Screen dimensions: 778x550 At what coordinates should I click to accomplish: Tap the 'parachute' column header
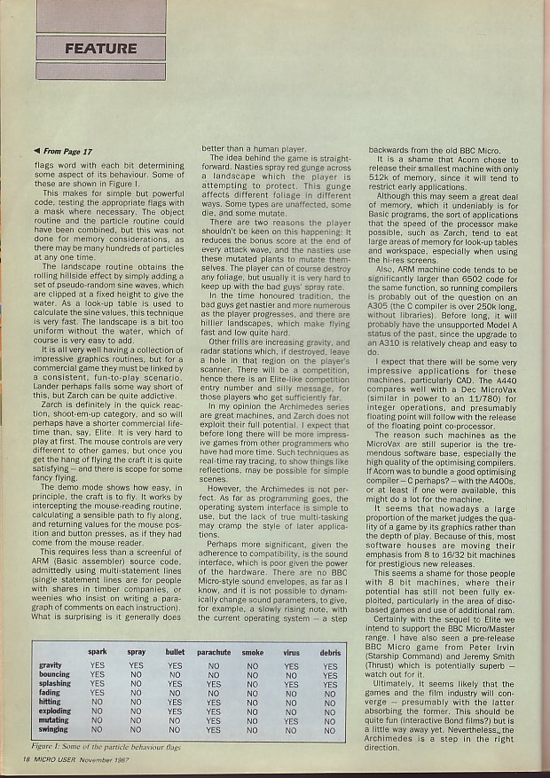click(x=213, y=652)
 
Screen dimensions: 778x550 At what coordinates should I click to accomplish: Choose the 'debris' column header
click(x=330, y=652)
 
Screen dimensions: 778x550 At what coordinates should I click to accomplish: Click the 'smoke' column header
click(x=252, y=652)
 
